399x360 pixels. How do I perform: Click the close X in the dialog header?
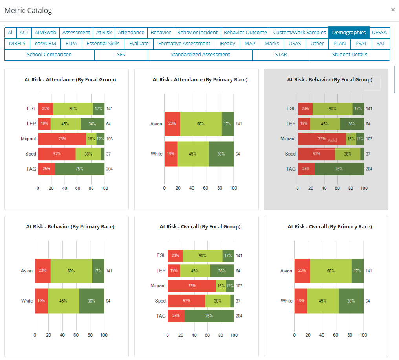(393, 10)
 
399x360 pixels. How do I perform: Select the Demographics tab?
(349, 33)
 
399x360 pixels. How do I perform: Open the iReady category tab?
(227, 44)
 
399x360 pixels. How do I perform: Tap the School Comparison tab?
(49, 55)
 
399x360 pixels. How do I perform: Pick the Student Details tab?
(350, 55)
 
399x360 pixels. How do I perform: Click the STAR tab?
(281, 55)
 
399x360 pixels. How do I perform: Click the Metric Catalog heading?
(28, 11)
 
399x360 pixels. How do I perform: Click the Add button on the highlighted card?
(332, 140)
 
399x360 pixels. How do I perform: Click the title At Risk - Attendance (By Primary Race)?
(200, 80)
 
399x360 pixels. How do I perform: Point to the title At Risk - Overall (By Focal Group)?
(200, 227)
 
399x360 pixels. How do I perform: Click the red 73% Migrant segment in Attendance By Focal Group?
(62, 139)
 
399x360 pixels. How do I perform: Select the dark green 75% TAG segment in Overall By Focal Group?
(209, 316)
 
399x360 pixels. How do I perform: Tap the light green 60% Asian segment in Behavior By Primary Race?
(71, 271)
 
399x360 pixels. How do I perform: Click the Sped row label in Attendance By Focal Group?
(31, 154)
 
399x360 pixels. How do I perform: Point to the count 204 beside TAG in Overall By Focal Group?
(239, 316)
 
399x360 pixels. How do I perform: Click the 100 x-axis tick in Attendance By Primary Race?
(233, 188)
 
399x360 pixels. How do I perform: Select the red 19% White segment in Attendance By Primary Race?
(171, 154)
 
